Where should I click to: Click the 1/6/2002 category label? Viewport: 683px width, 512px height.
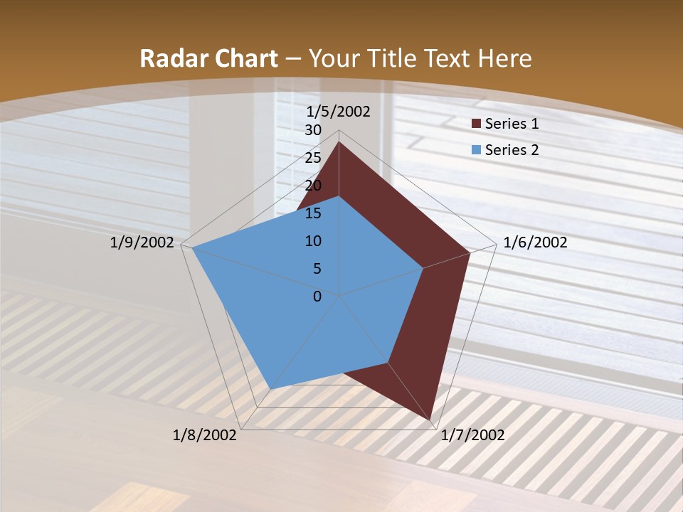[535, 242]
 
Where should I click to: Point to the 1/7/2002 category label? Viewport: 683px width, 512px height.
[472, 435]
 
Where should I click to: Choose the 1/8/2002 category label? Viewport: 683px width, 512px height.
[205, 435]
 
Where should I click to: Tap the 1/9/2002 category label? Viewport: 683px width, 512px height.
[142, 242]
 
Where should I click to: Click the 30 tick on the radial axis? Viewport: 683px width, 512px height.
[313, 130]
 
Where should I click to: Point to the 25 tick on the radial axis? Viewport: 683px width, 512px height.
[313, 158]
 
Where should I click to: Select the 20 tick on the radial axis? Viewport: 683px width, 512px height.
[313, 186]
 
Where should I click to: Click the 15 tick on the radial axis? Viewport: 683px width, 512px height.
[313, 213]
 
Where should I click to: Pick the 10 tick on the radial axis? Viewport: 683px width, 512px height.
[313, 241]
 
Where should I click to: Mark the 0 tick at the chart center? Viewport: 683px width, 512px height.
[317, 297]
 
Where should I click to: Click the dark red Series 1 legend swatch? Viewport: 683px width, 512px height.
[476, 124]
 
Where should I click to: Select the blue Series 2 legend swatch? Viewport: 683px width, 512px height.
[476, 150]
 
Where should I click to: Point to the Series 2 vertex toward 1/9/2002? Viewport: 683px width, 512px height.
[192, 247]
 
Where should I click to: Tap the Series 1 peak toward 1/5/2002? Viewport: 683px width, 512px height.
[339, 142]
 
